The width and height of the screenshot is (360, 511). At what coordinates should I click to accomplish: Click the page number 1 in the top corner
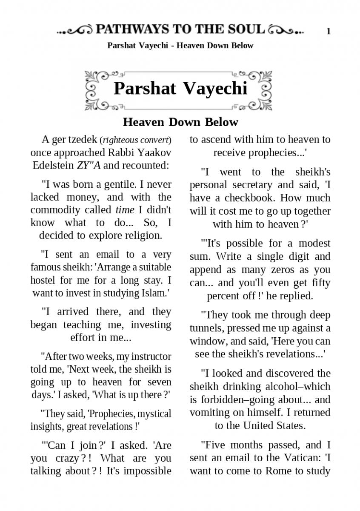point(329,31)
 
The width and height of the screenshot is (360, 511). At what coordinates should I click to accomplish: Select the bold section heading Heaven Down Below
point(180,122)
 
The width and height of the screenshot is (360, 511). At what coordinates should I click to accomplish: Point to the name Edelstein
point(53,165)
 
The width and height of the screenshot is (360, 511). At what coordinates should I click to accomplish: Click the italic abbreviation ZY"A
point(89,165)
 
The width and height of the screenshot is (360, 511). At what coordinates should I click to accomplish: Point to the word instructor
point(151,356)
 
